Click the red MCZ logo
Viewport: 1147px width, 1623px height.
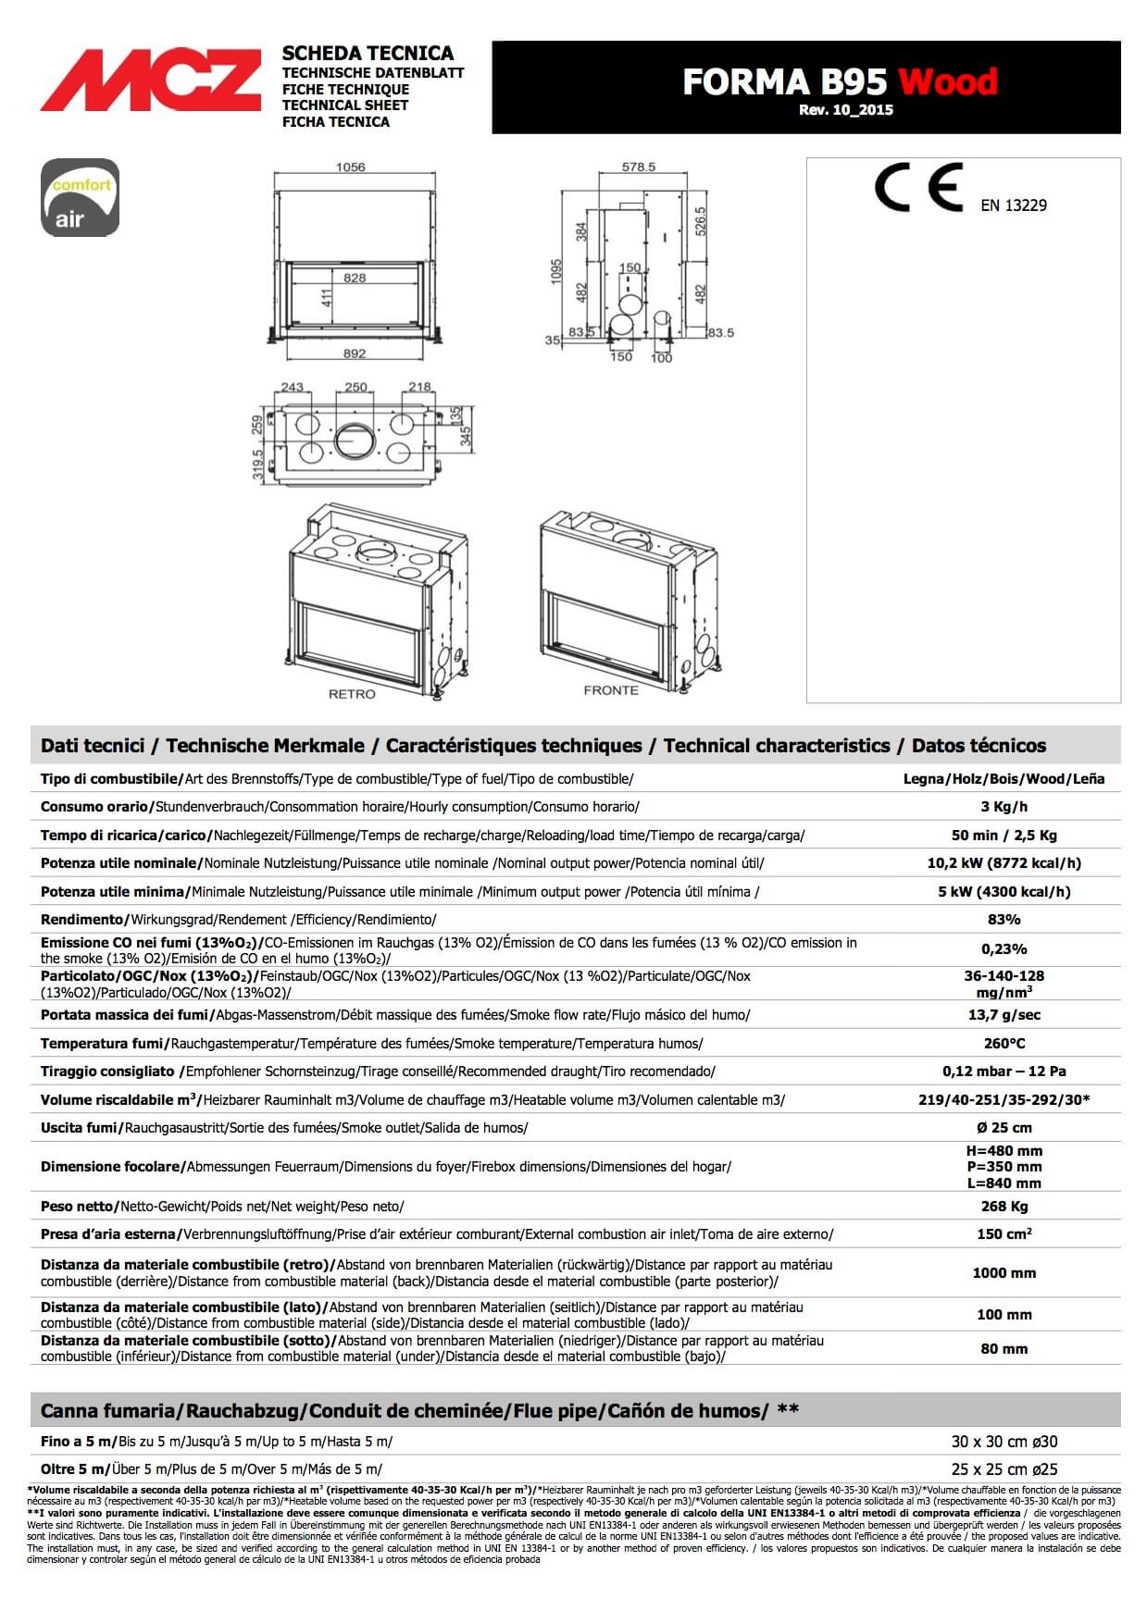150,81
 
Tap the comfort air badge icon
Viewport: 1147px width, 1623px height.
81,197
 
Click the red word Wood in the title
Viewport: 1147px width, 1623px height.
947,81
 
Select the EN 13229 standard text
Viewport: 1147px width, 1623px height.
1014,205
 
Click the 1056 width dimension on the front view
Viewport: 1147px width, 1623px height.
350,167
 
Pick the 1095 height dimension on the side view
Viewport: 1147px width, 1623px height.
556,271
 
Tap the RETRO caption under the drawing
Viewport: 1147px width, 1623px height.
352,694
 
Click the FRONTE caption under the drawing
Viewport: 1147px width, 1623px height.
611,690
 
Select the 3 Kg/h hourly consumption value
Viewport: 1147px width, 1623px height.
1004,807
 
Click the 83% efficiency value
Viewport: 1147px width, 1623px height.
1004,920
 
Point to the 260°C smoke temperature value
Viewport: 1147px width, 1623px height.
1004,1044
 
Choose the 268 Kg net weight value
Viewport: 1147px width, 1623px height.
1004,1207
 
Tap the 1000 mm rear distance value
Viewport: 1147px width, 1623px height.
1004,1273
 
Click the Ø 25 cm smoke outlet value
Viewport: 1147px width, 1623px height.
1004,1128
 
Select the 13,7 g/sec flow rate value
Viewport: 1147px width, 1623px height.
1004,1015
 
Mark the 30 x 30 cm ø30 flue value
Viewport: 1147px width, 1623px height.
1004,1442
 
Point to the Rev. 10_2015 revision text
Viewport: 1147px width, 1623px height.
845,110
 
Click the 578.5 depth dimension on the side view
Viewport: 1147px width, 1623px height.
639,167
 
